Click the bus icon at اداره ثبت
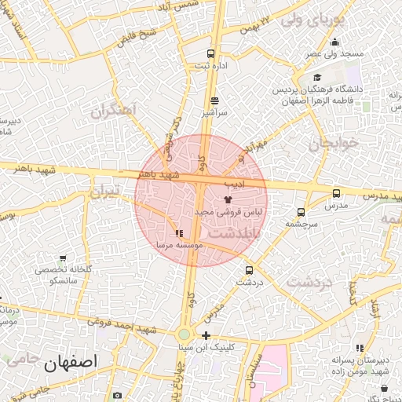point(210,54)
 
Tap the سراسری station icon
point(215,100)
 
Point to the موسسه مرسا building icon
point(180,233)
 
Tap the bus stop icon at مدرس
point(337,193)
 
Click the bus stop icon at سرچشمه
point(301,212)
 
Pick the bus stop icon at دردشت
point(250,270)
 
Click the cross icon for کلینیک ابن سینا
point(206,335)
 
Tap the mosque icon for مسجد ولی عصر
point(335,42)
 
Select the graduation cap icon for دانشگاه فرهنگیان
point(317,77)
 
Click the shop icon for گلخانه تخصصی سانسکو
point(63,258)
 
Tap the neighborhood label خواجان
point(332,143)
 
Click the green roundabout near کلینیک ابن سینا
point(184,334)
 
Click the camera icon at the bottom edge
point(117,396)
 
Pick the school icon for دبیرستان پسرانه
point(360,348)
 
